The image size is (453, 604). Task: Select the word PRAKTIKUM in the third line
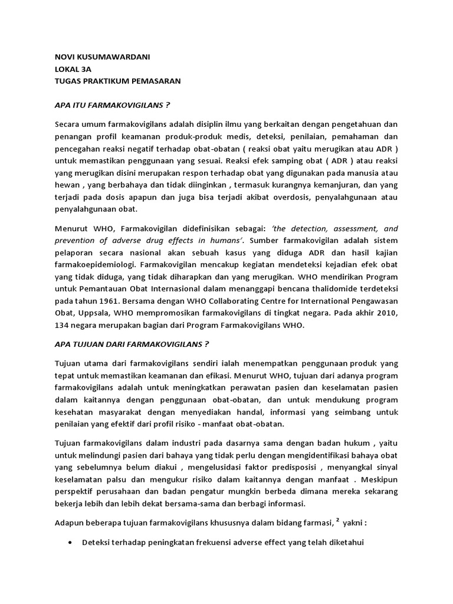[117, 81]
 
